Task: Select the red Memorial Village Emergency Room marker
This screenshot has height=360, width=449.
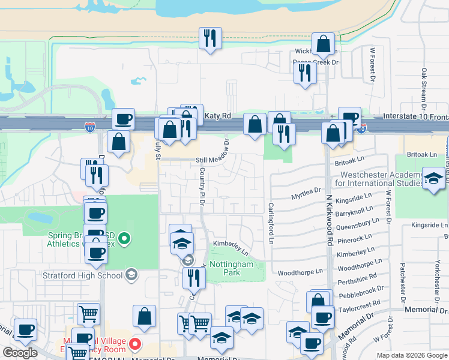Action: (135, 344)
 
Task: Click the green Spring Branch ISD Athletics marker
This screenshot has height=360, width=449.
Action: (124, 239)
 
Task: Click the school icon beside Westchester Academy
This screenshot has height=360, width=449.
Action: (433, 179)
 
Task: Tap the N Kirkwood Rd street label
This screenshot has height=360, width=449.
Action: (330, 222)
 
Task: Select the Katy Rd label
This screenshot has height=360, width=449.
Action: (217, 115)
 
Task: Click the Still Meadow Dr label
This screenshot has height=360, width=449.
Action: (215, 160)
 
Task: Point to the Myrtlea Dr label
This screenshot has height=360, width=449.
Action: (306, 191)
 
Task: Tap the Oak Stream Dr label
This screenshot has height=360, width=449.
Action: (423, 85)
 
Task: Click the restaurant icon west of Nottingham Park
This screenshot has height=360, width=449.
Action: (194, 277)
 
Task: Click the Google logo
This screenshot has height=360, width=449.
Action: (20, 353)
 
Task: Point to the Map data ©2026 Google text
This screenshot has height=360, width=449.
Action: (411, 355)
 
